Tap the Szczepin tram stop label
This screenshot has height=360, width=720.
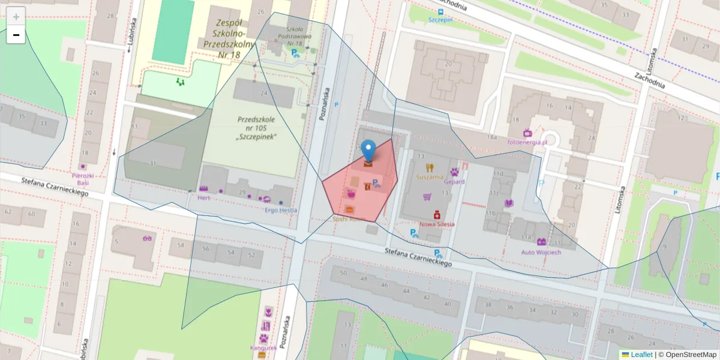(x=440, y=19)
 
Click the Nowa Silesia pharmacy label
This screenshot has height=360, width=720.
(x=437, y=224)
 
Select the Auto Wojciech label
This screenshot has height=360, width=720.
(x=541, y=252)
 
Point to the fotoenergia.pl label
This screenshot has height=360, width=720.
(x=527, y=142)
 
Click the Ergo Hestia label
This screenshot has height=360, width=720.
(x=281, y=210)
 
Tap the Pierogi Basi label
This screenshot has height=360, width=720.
(x=81, y=179)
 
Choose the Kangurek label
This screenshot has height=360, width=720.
(x=264, y=348)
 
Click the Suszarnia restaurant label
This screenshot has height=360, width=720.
(x=429, y=178)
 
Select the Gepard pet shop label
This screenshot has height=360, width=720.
(x=454, y=181)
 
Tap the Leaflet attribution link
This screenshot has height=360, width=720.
(x=641, y=355)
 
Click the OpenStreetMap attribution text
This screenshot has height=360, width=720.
(x=687, y=355)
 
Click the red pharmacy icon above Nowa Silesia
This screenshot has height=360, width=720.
(x=437, y=214)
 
